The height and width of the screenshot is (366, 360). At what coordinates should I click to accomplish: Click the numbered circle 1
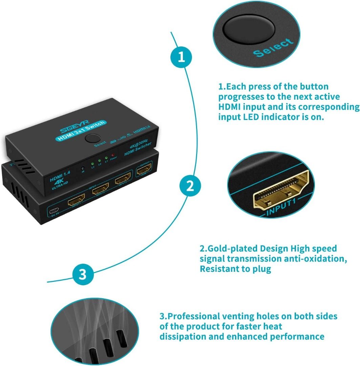click(x=182, y=57)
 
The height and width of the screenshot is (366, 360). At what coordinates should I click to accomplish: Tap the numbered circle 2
click(x=190, y=186)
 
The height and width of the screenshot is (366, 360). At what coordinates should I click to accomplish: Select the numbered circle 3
click(x=83, y=274)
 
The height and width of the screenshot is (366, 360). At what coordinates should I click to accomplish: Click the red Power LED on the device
click(x=112, y=154)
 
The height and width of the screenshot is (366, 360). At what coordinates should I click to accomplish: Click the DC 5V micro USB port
click(x=54, y=210)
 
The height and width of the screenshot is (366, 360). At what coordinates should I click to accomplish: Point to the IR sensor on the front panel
click(x=82, y=168)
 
